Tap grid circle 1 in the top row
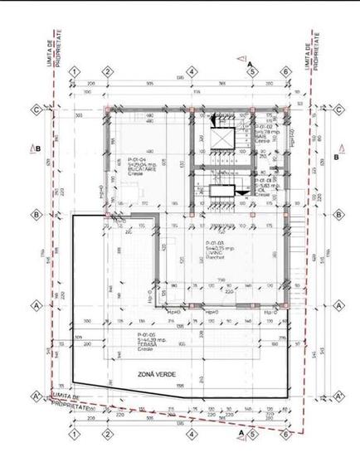click(x=75, y=72)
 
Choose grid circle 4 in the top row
click(x=192, y=72)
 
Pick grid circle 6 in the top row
click(x=286, y=72)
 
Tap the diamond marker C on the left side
click(x=36, y=109)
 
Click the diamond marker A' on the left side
click(x=36, y=395)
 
